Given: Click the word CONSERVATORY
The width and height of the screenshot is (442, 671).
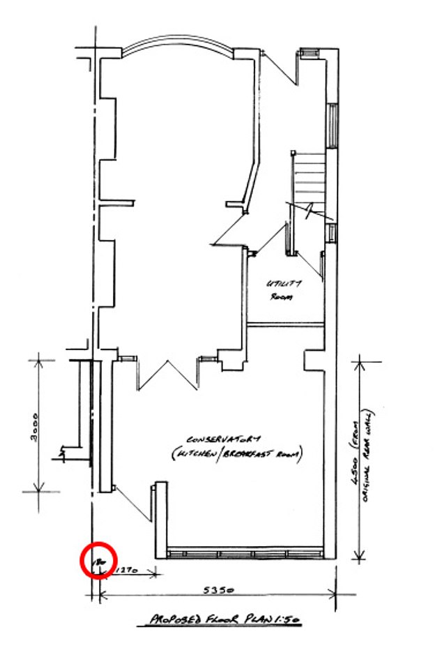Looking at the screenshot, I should click(x=223, y=440).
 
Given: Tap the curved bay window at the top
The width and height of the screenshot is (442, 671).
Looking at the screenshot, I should click(x=177, y=45).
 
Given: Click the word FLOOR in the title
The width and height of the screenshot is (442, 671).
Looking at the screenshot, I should click(x=220, y=619).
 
